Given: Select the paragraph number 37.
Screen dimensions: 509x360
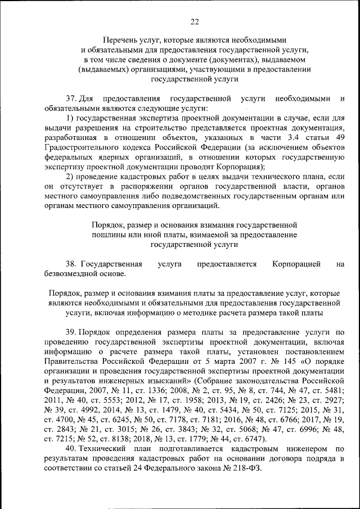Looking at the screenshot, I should (x=70, y=98).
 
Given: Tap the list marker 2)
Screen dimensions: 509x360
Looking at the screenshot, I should (x=70, y=177).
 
